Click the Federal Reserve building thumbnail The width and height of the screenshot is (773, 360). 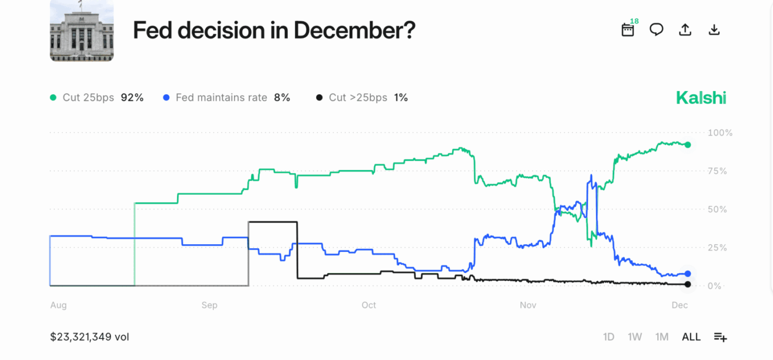click(x=82, y=31)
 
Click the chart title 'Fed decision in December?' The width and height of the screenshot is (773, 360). click(x=274, y=31)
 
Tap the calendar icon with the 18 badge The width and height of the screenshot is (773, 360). click(x=628, y=30)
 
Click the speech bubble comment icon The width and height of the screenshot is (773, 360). click(x=656, y=30)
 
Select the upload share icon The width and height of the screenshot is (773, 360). click(x=685, y=30)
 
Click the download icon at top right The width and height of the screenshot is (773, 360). click(x=714, y=30)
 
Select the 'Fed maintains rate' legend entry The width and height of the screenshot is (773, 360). click(x=227, y=98)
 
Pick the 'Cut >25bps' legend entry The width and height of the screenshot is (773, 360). click(x=361, y=98)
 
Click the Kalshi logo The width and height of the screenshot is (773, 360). click(x=701, y=98)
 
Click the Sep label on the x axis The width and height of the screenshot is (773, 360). click(x=209, y=305)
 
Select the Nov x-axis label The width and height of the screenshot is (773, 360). click(x=528, y=305)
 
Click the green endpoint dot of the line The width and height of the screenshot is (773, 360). click(x=688, y=145)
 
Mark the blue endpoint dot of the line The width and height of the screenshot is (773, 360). click(x=688, y=274)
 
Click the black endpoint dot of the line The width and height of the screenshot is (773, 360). click(x=688, y=284)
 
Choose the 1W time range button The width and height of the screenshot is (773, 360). click(x=635, y=337)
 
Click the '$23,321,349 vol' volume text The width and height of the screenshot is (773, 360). click(x=90, y=337)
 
